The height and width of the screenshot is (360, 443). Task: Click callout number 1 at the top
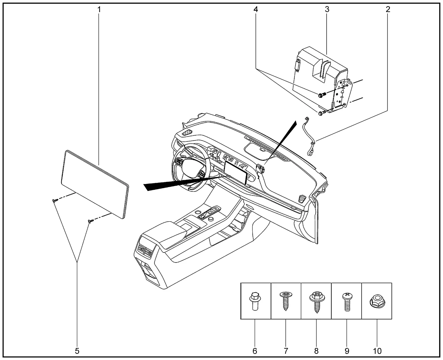tap(99, 9)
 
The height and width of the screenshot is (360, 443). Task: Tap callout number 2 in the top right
tap(388, 9)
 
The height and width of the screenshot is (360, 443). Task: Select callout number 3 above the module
tap(327, 9)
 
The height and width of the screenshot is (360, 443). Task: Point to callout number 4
tap(255, 9)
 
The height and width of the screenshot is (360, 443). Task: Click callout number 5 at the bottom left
tap(77, 351)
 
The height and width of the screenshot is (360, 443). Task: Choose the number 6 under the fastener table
tap(255, 351)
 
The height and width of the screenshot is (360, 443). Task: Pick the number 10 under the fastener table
tap(377, 351)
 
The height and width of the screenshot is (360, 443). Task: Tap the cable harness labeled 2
tap(309, 135)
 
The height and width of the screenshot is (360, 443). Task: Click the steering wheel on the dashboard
tap(191, 166)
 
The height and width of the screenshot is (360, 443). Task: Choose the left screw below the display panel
tap(55, 201)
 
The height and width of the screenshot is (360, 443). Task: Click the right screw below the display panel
tap(90, 221)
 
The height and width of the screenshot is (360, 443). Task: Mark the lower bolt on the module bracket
tap(320, 113)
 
